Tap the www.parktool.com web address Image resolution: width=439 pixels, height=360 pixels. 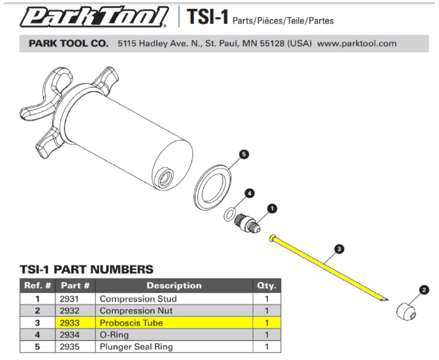pyautogui.click(x=356, y=43)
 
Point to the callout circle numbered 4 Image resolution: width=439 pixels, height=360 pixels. pyautogui.click(x=250, y=193)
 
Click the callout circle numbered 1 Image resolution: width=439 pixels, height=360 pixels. pyautogui.click(x=272, y=208)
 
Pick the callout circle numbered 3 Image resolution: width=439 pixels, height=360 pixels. pyautogui.click(x=339, y=250)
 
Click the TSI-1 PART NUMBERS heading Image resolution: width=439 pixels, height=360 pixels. pyautogui.click(x=86, y=269)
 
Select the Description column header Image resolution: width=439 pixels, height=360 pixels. pyautogui.click(x=174, y=286)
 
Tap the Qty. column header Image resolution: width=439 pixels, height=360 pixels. pyautogui.click(x=266, y=286)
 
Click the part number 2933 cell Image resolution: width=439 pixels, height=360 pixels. pyautogui.click(x=71, y=323)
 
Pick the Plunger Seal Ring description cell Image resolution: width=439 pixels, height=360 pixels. pyautogui.click(x=136, y=347)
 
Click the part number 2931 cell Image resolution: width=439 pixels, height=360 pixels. pyautogui.click(x=71, y=299)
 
